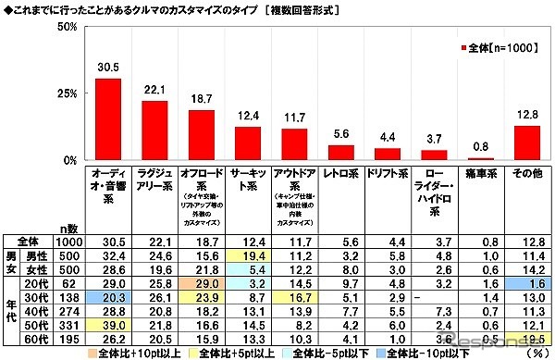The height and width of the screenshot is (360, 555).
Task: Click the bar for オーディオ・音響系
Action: [x=108, y=119]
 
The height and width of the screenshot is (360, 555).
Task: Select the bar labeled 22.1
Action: [x=154, y=130]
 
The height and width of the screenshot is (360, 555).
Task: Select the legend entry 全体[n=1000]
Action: [x=496, y=46]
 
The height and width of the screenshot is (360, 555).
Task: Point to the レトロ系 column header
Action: [x=342, y=172]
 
